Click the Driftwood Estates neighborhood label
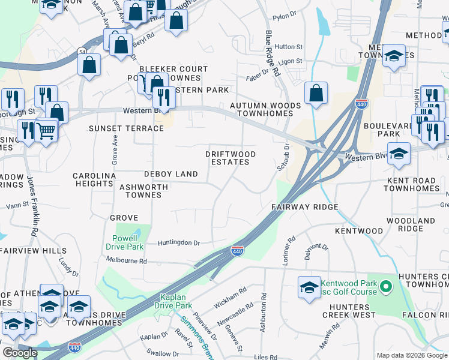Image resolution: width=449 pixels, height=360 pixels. [231, 158]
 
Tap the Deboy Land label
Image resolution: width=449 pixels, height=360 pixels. [170, 174]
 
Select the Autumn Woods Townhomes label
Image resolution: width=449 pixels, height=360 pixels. [265, 110]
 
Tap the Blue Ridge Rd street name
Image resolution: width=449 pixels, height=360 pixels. [273, 54]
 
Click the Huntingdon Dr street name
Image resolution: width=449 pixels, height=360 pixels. [178, 243]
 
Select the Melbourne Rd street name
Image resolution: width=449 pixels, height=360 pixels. [126, 261]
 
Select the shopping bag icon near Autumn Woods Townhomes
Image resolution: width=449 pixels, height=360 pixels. [316, 94]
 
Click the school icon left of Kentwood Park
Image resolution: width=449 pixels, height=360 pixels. [309, 287]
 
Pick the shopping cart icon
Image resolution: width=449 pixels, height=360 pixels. [46, 130]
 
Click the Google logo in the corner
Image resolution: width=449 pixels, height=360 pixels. [20, 353]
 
